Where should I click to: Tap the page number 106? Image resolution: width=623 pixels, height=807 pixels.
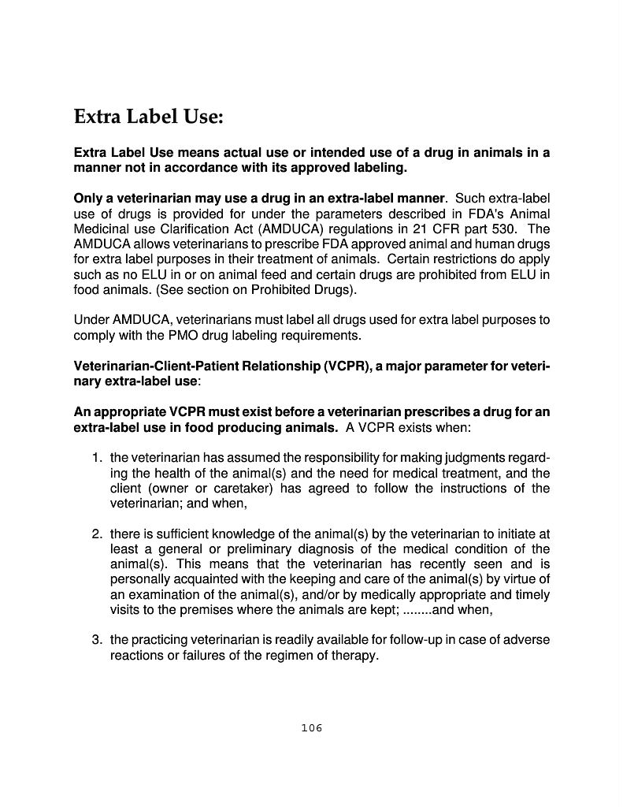(312, 727)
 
